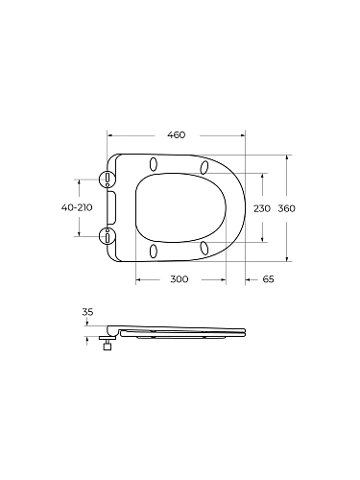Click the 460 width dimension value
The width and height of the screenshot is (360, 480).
pos(177,135)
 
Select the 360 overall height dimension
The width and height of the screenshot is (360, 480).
pos(286,208)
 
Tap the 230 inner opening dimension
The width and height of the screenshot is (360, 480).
pos(262,208)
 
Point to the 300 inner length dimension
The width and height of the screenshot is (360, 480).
pos(180,279)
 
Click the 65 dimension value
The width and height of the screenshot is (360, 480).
pos(268,279)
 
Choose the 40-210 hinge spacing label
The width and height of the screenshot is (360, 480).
pos(77,207)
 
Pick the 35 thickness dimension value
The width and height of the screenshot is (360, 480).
pos(87,312)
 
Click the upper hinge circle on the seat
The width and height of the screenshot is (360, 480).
pos(107,179)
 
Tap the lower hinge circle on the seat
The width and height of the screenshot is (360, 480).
pos(107,236)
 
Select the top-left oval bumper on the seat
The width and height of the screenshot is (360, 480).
pos(154,164)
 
